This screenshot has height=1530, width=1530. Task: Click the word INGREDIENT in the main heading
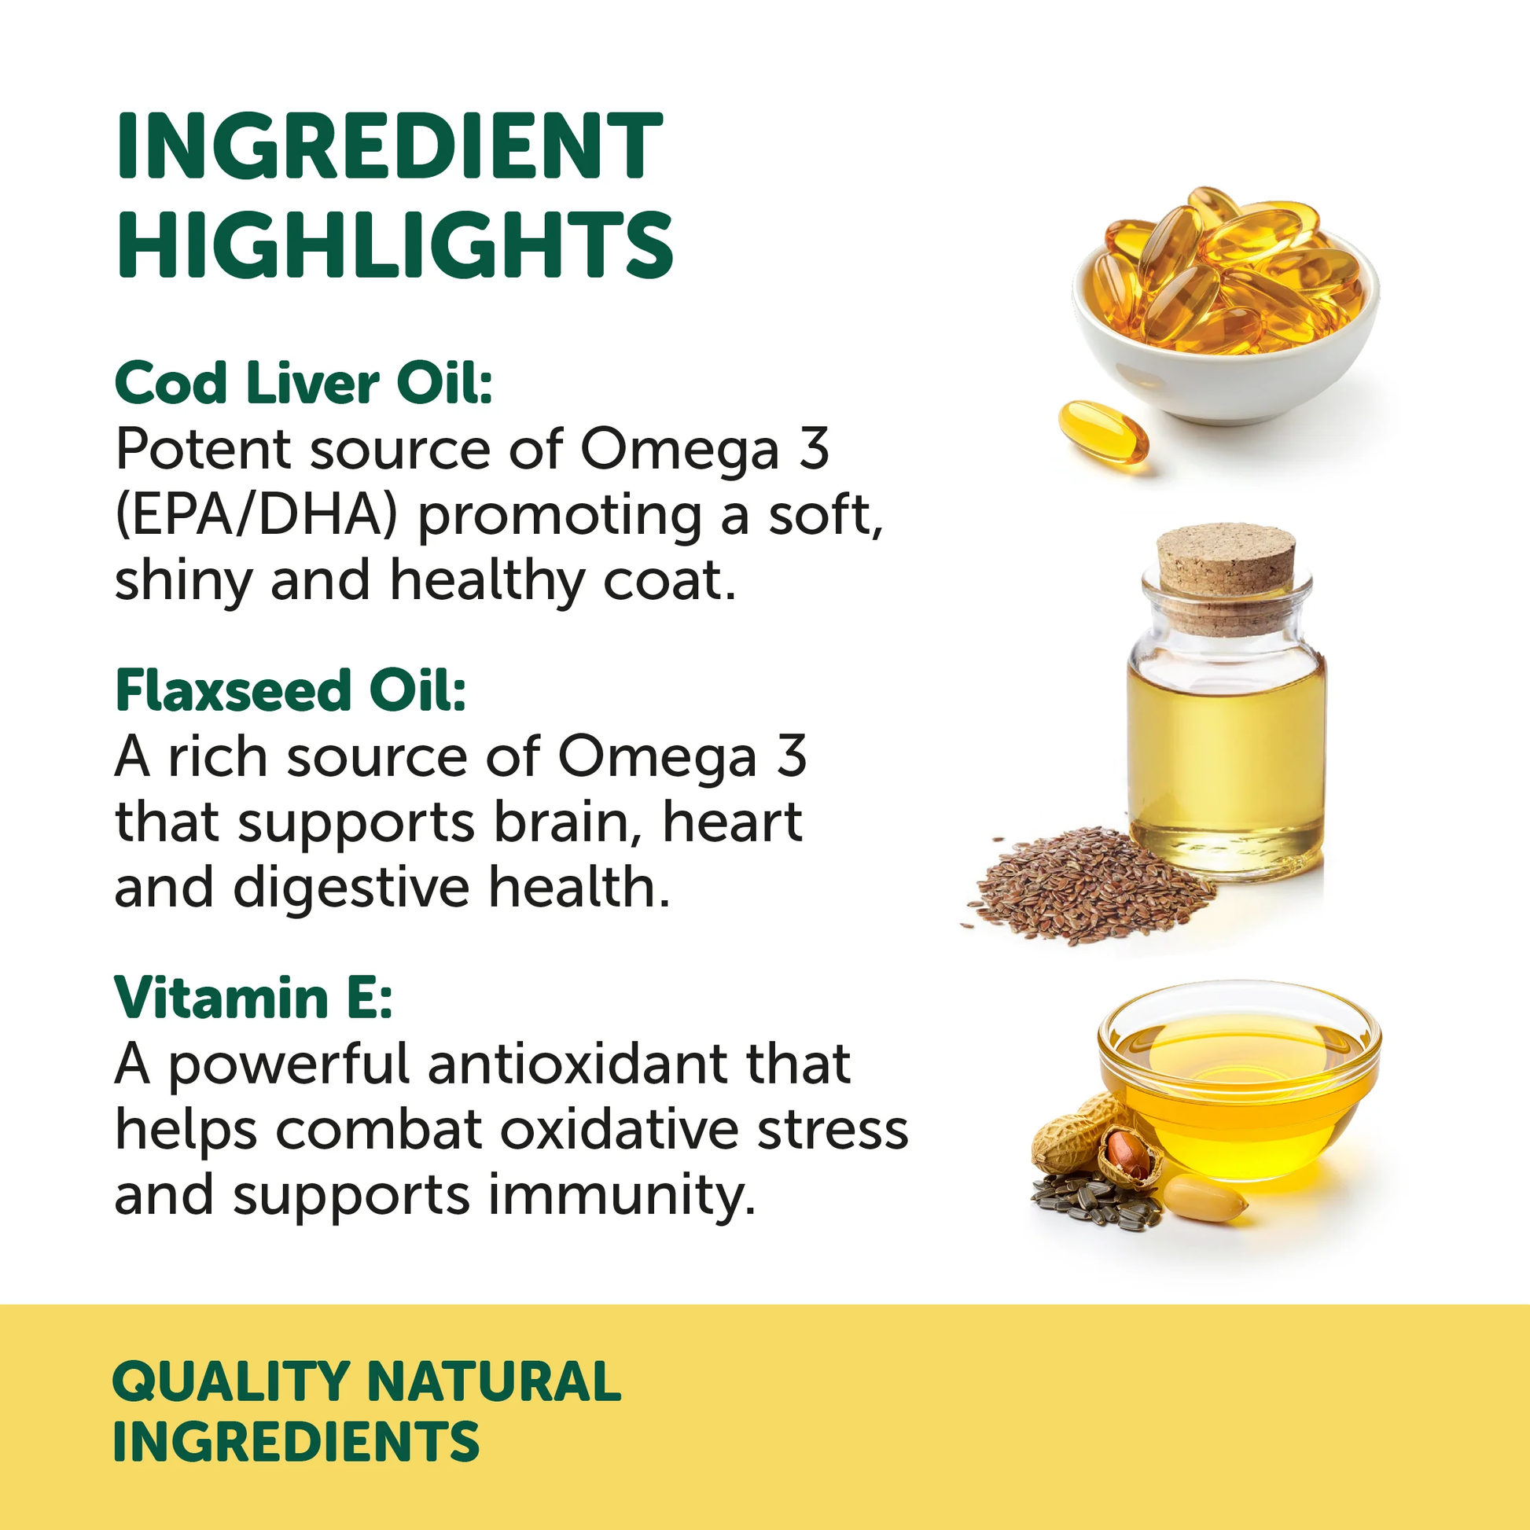pyautogui.click(x=389, y=146)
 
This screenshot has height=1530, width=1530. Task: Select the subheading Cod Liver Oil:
pyautogui.click(x=303, y=384)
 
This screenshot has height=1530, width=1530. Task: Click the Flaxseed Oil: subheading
pyautogui.click(x=290, y=690)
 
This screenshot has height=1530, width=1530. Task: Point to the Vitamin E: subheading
pyautogui.click(x=253, y=998)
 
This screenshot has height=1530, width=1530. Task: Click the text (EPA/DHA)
pyautogui.click(x=255, y=516)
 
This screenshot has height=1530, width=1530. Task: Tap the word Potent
pyautogui.click(x=203, y=450)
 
